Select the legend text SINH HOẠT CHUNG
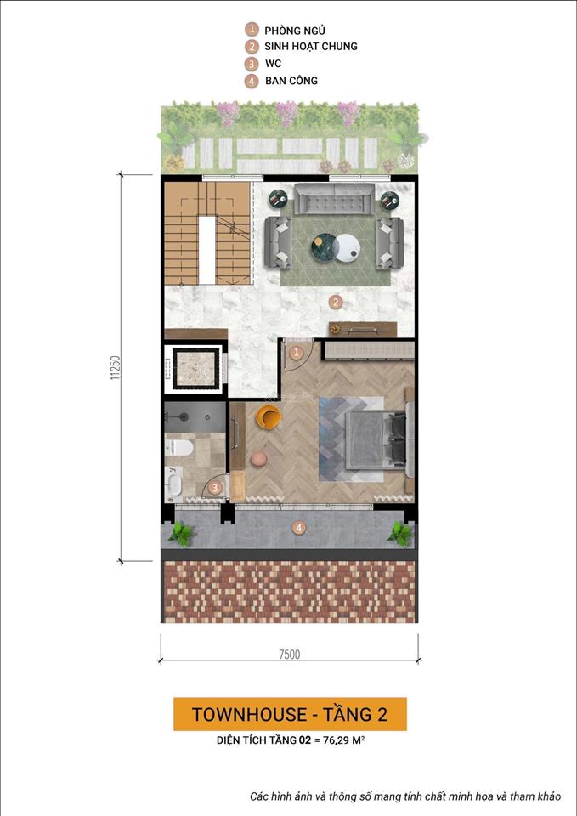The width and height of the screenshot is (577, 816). tap(310, 47)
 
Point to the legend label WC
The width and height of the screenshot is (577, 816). tap(273, 64)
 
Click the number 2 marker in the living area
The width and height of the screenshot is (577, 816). tap(336, 301)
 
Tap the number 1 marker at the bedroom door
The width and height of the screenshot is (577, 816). tap(296, 352)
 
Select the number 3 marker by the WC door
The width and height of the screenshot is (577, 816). tap(216, 487)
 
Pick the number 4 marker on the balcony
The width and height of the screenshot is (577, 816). tap(298, 528)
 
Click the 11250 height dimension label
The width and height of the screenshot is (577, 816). tap(114, 367)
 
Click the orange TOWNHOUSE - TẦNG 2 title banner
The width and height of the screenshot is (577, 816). tap(290, 714)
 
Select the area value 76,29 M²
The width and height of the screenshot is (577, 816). tap(344, 741)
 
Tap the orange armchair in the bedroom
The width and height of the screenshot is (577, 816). tap(269, 416)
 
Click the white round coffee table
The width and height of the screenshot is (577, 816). tap(347, 248)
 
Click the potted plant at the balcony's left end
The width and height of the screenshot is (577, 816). tap(180, 533)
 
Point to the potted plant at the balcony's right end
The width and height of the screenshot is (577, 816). tap(399, 533)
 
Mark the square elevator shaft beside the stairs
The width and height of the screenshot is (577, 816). tap(195, 367)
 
